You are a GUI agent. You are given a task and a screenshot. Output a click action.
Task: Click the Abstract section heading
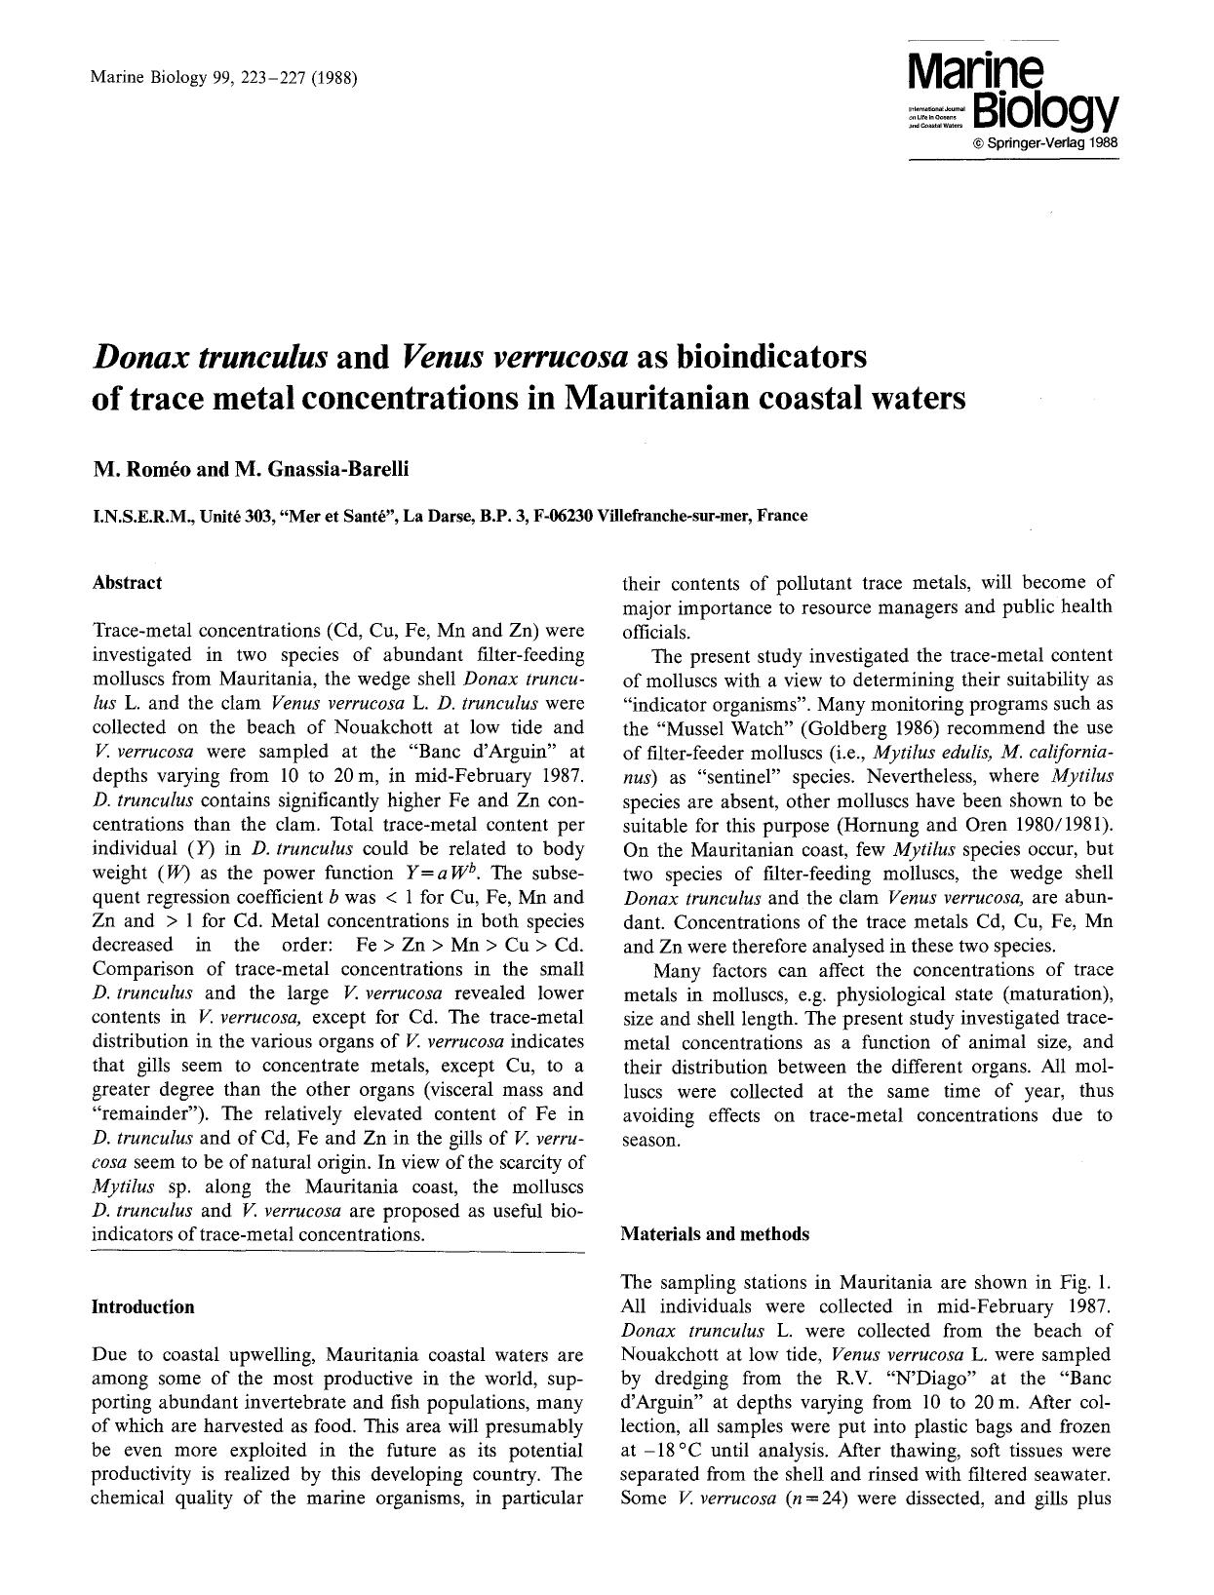pos(127,583)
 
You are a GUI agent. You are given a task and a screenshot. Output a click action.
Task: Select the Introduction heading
pos(142,1306)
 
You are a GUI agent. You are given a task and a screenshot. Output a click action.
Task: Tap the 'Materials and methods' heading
pos(715,1234)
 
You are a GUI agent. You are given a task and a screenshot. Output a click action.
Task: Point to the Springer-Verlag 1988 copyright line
pos(1043,144)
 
